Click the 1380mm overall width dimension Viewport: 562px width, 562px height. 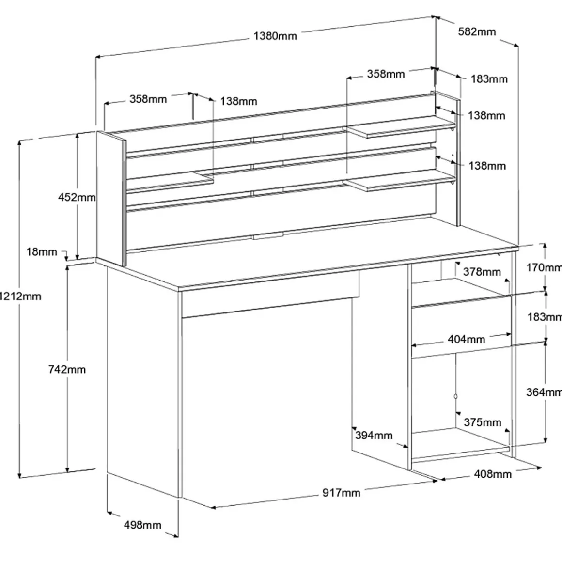(275, 36)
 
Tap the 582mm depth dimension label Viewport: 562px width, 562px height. (477, 32)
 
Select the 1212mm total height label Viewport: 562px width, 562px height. (20, 296)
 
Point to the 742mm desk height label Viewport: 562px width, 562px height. (67, 370)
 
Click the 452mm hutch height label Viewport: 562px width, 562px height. (77, 197)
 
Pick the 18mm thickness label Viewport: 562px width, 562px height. (42, 252)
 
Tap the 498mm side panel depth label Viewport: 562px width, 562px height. (142, 525)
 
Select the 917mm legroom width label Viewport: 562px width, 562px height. (341, 493)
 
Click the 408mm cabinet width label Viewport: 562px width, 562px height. (492, 473)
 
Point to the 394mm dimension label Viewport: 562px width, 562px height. (374, 435)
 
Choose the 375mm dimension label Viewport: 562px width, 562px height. (482, 422)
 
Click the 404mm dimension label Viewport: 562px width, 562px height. (466, 339)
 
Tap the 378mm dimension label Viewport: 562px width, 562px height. (482, 272)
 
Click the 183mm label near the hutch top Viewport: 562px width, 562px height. (489, 78)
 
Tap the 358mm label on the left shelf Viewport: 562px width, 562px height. (148, 99)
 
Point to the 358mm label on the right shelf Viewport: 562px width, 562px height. (386, 74)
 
